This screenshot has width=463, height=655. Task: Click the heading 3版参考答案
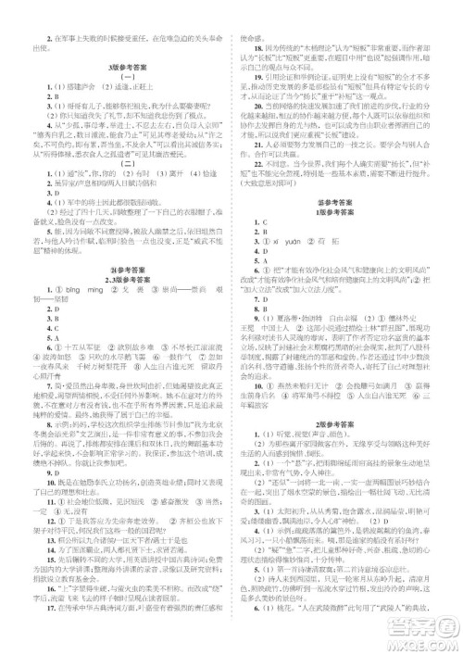pyautogui.click(x=118, y=69)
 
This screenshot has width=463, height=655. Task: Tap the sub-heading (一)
pyautogui.click(x=118, y=80)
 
